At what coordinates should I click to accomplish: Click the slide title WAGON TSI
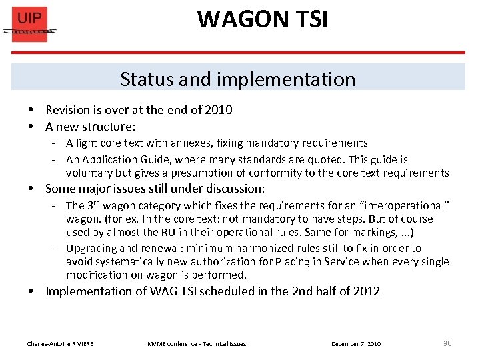[x=262, y=19]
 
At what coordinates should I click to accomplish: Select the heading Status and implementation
[x=238, y=79]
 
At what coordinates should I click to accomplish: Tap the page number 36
[x=447, y=343]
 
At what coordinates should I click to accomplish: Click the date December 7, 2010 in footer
[x=356, y=344]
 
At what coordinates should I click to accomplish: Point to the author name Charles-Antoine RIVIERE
[x=60, y=344]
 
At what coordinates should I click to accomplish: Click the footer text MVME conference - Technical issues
[x=197, y=344]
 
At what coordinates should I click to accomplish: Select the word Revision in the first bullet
[x=68, y=110]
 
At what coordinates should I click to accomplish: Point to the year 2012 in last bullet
[x=367, y=291]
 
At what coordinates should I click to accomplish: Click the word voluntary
[x=91, y=173]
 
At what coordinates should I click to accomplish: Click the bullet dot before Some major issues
[x=31, y=189]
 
